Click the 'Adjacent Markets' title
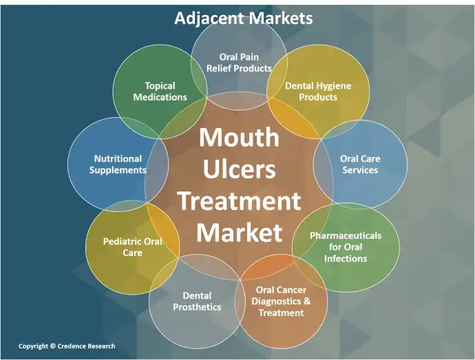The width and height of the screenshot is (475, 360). pos(243,18)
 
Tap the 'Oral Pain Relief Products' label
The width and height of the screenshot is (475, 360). pos(239,63)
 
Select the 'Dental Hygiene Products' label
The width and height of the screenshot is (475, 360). pos(318,92)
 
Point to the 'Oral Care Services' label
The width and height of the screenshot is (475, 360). pos(360,164)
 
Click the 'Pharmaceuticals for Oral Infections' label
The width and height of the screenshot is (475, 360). pos(346,246)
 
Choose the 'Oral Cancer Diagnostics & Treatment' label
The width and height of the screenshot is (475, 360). pos(281,301)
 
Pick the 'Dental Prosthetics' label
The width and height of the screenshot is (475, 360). pos(197,301)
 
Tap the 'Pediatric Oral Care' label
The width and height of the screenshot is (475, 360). pos(133,247)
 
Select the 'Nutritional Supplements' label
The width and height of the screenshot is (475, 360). pos(118,164)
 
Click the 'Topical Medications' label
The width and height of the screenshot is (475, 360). pos(160,92)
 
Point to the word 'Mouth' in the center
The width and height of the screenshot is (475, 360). pos(239,137)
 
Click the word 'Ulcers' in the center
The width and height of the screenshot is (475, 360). pos(239,169)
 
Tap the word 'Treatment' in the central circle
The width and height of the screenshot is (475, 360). pos(239,201)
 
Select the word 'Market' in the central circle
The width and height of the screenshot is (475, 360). pos(239,233)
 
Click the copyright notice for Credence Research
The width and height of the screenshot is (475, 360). pos(67,346)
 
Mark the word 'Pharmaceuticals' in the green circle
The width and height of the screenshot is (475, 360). pos(346,235)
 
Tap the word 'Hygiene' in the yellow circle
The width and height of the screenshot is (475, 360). pos(332,86)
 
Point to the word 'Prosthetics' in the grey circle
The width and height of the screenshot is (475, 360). pos(197,307)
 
